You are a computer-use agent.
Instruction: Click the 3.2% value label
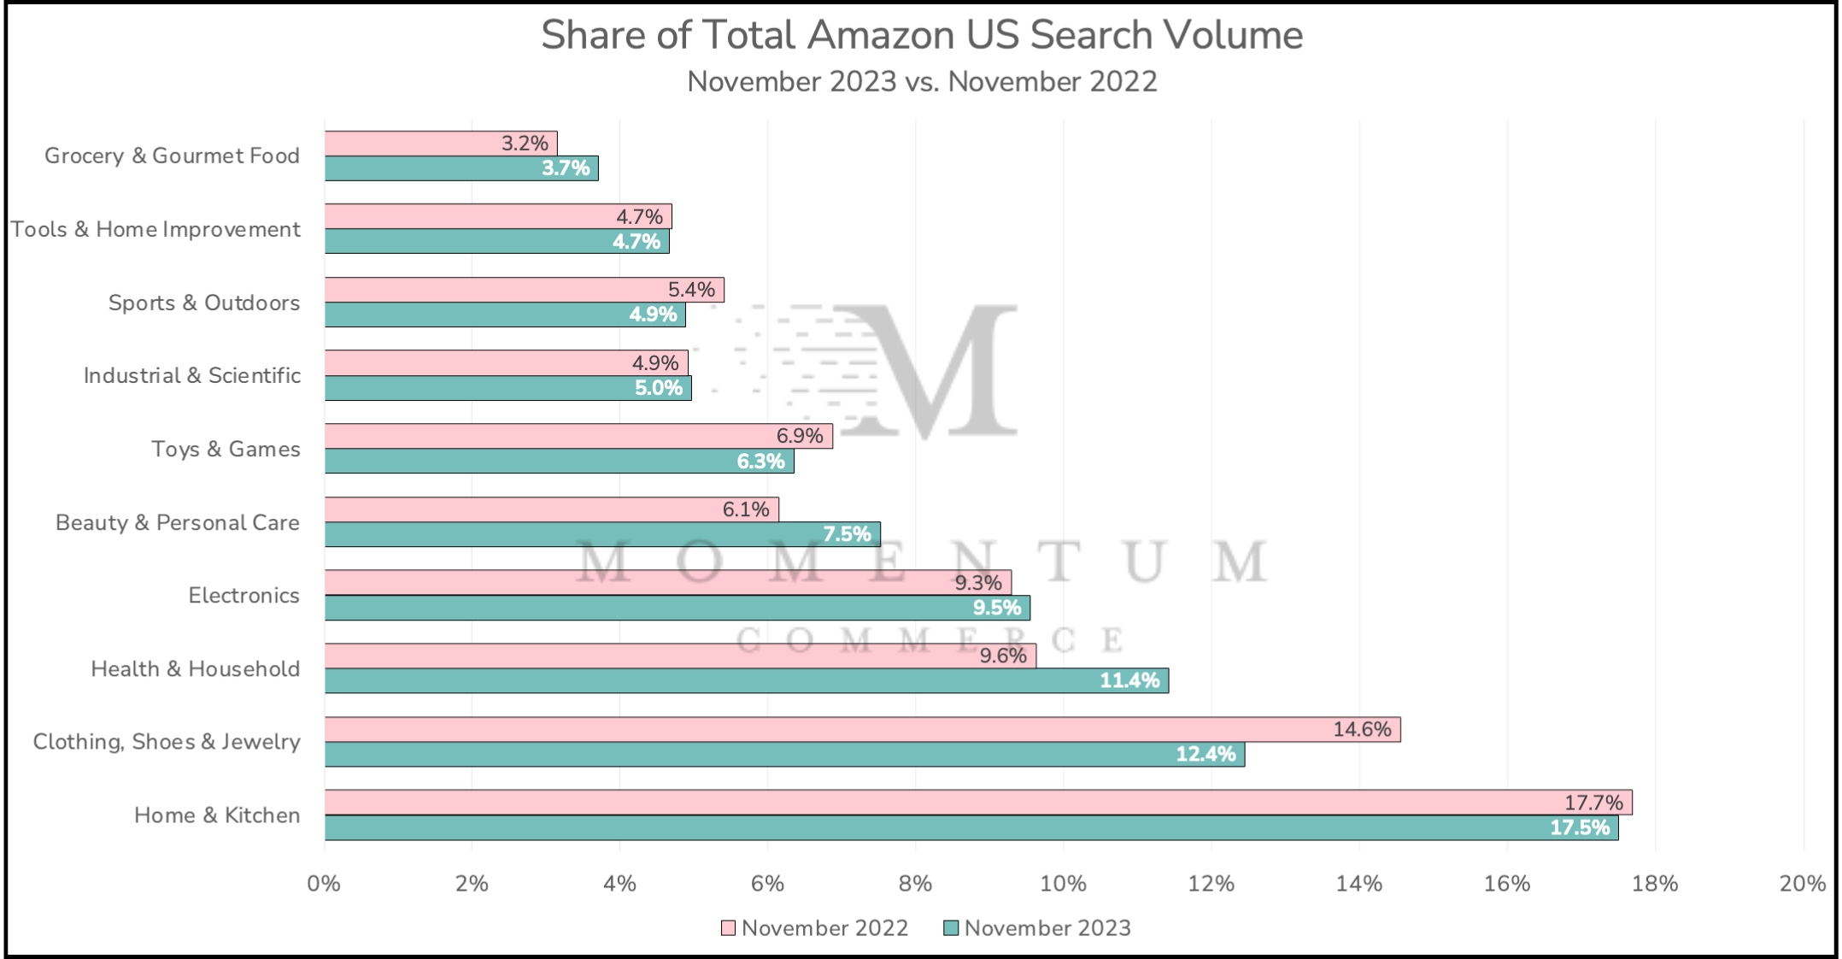pyautogui.click(x=525, y=144)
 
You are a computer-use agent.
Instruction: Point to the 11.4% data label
pyautogui.click(x=1129, y=681)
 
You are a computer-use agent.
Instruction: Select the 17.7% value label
pyautogui.click(x=1593, y=803)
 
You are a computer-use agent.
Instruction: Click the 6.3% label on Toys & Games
pyautogui.click(x=760, y=462)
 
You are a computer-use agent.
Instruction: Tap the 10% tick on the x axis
pyautogui.click(x=1064, y=884)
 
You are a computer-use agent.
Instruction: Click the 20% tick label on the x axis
pyautogui.click(x=1803, y=884)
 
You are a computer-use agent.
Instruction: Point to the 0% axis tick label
pyautogui.click(x=324, y=884)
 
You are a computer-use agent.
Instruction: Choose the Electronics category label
pyautogui.click(x=244, y=596)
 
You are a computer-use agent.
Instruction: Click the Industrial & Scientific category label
pyautogui.click(x=192, y=376)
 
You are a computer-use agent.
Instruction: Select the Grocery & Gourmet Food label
pyautogui.click(x=172, y=156)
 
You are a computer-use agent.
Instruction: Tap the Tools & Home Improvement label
pyautogui.click(x=155, y=230)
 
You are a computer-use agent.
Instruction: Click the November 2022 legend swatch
pyautogui.click(x=729, y=928)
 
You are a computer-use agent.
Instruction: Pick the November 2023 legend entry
pyautogui.click(x=1037, y=928)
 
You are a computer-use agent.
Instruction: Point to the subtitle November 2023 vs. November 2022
pyautogui.click(x=922, y=82)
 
